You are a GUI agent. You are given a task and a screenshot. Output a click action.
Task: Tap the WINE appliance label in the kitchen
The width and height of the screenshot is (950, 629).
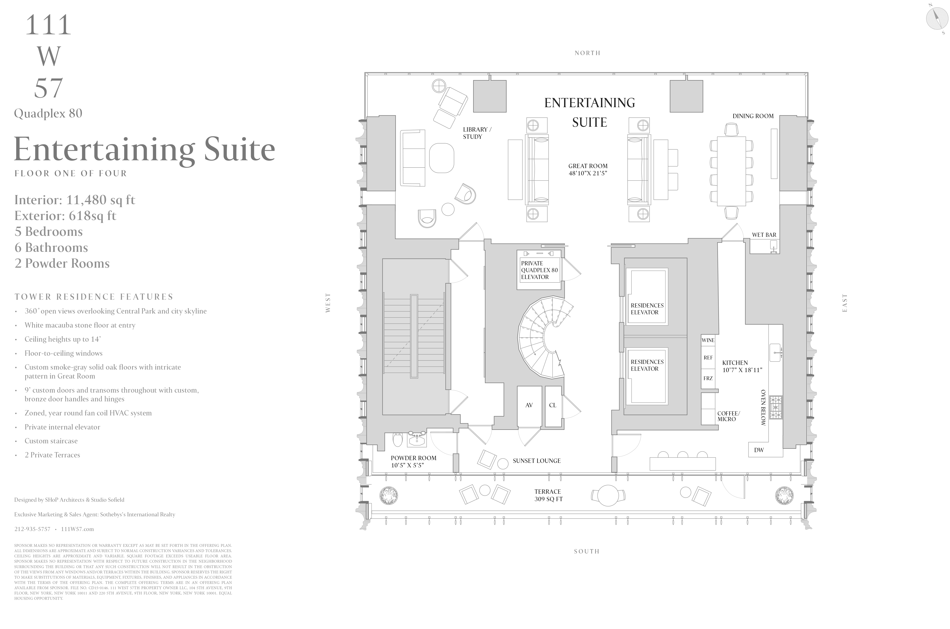(x=708, y=340)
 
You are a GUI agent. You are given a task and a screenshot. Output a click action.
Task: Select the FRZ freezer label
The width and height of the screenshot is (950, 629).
(x=708, y=378)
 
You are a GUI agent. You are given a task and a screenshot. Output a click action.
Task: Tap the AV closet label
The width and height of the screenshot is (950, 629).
(x=529, y=405)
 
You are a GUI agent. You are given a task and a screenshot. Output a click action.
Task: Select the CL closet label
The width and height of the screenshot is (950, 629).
(x=553, y=405)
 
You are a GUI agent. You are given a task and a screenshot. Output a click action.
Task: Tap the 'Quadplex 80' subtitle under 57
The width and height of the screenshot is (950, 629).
(x=48, y=114)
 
